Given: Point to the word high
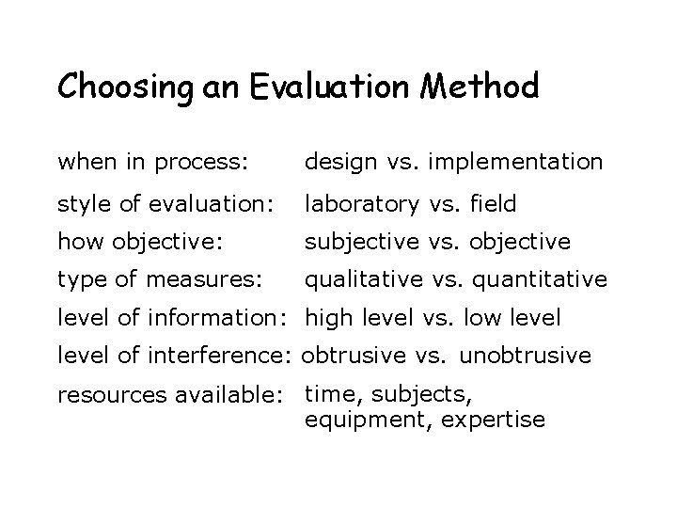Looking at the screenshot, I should tap(329, 319).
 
